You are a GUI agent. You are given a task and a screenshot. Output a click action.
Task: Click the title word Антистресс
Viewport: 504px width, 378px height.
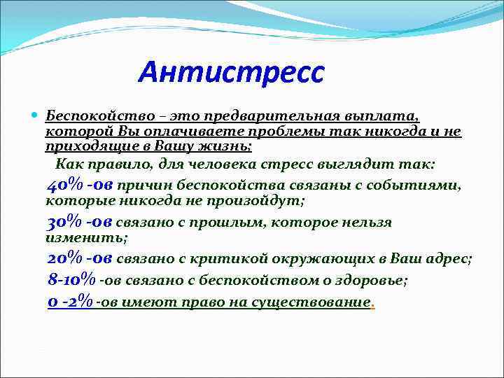pyautogui.click(x=231, y=72)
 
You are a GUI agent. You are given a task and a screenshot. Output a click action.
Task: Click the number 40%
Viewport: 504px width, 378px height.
pyautogui.click(x=65, y=185)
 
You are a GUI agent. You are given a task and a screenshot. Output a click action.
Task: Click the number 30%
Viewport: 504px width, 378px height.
pyautogui.click(x=65, y=223)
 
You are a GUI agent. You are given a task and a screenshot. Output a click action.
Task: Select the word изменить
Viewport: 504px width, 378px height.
pyautogui.click(x=86, y=238)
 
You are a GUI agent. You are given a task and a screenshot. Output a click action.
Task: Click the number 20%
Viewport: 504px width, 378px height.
pyautogui.click(x=65, y=258)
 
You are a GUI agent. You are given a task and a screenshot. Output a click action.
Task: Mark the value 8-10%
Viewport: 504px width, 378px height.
pyautogui.click(x=71, y=279)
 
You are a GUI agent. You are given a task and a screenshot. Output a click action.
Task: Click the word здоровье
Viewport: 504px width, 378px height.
pyautogui.click(x=372, y=280)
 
